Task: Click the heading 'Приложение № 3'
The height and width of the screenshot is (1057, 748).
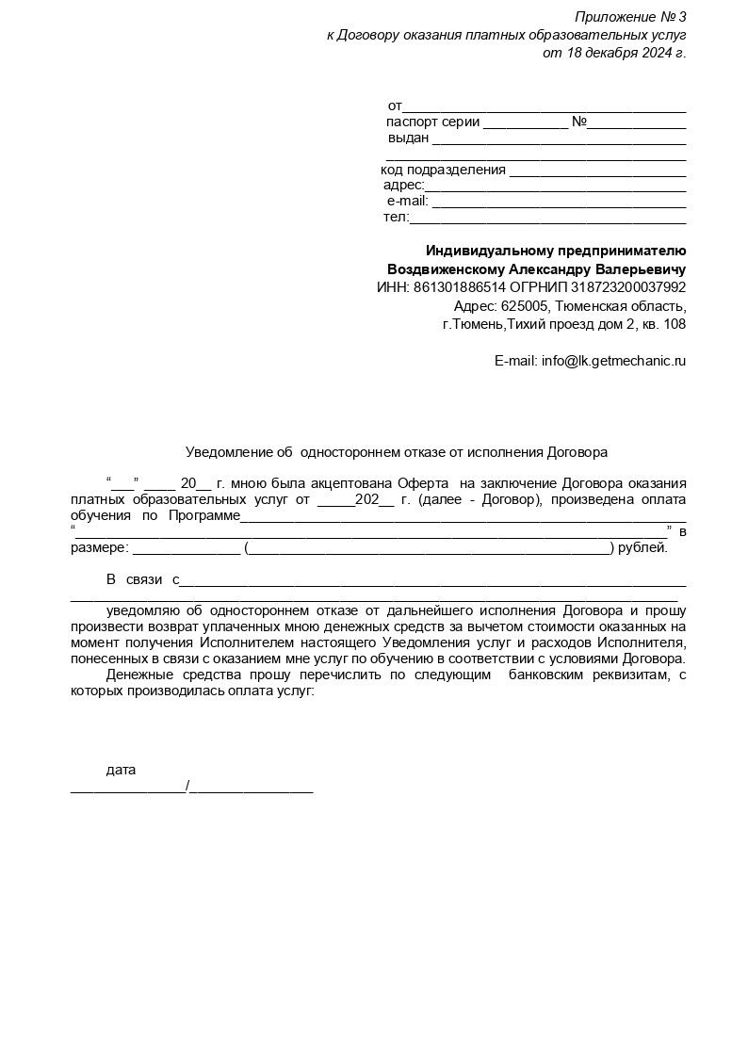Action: coord(630,17)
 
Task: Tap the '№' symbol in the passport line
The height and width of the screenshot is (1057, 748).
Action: coord(579,122)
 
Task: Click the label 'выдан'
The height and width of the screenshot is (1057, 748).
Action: coord(409,138)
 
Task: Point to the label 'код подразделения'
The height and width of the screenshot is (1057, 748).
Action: coord(443,170)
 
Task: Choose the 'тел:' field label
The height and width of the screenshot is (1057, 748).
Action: coord(396,217)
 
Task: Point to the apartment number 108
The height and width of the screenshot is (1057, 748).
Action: coord(675,324)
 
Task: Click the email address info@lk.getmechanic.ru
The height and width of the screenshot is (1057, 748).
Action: coord(613,361)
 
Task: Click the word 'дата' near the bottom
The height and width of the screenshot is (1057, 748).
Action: coord(121,770)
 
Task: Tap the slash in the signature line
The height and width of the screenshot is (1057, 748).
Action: coord(188,787)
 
